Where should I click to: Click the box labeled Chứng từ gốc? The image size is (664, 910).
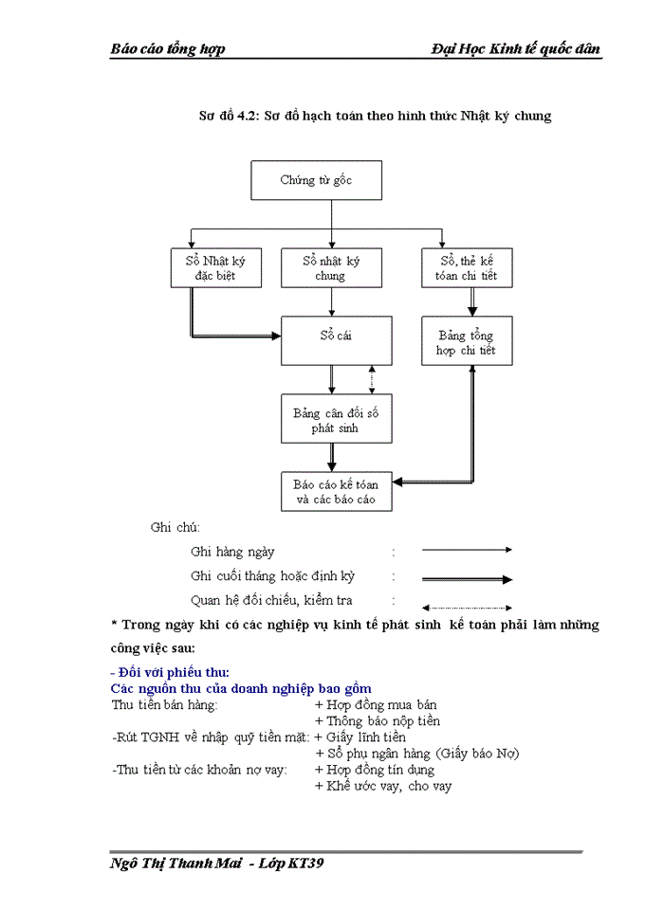[316, 180]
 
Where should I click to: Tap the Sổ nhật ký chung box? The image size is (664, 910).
[330, 268]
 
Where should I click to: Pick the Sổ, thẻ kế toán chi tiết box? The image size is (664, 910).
[466, 268]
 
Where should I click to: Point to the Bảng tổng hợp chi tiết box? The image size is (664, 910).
[466, 342]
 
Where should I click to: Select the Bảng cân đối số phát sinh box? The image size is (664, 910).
[336, 420]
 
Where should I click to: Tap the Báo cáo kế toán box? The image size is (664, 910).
[336, 491]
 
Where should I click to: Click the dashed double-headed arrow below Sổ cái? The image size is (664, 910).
[371, 380]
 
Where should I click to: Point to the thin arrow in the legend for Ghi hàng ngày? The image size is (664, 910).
[467, 550]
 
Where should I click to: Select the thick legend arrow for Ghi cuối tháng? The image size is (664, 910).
[467, 578]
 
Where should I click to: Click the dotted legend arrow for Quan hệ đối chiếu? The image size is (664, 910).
[467, 607]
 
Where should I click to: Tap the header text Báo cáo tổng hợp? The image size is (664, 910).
[168, 49]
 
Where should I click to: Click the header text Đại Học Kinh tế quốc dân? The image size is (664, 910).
[515, 49]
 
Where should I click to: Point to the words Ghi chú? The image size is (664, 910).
[175, 527]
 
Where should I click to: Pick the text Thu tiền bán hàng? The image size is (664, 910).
[165, 705]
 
